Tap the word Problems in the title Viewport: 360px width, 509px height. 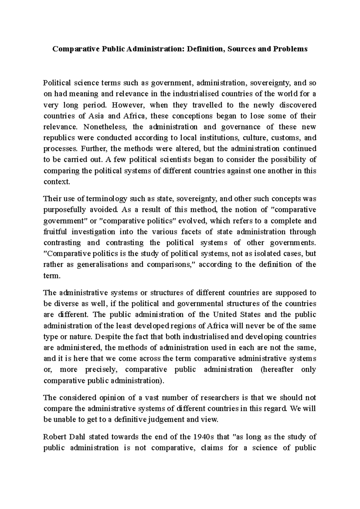(290, 49)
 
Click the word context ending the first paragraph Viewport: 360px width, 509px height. (56, 182)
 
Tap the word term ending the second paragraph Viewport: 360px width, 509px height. (52, 276)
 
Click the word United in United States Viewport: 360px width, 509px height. (225, 315)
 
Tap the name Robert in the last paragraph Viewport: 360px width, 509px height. (55, 437)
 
